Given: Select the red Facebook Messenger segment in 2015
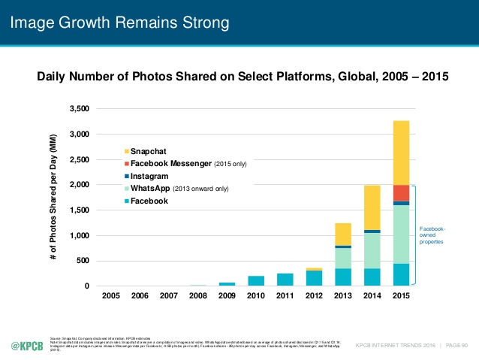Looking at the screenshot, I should coord(401,192).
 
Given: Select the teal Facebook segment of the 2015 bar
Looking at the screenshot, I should coord(401,274).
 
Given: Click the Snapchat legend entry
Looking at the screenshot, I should coord(147,151).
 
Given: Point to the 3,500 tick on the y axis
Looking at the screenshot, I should coord(77,109).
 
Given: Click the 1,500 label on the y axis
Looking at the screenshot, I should coord(77,210).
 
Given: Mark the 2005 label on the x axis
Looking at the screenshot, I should coord(110,296).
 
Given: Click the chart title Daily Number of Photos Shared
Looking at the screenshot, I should coord(239,76).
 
